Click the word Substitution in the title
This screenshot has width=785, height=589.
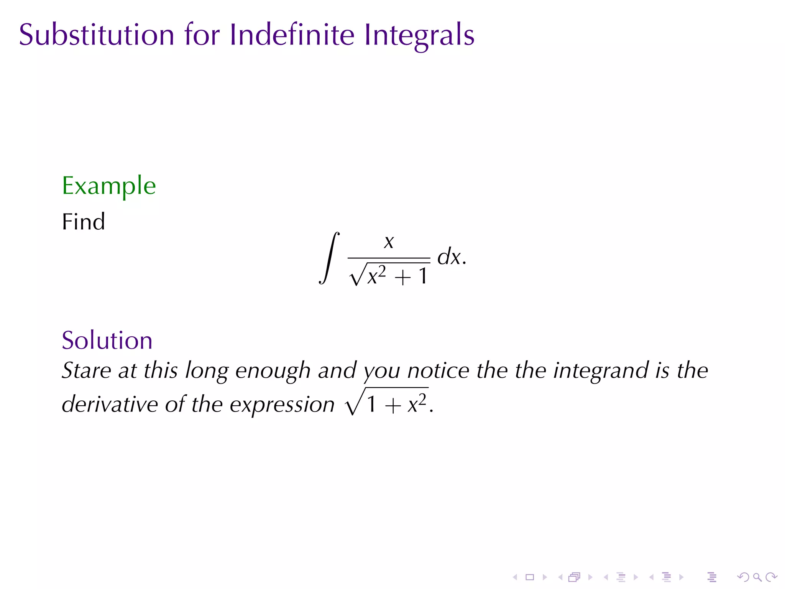[97, 35]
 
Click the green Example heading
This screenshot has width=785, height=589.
[109, 187]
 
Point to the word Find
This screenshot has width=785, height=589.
[83, 222]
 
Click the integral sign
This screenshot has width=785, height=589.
[329, 258]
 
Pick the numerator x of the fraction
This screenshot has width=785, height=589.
[389, 242]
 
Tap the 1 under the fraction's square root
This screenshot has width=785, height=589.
[423, 276]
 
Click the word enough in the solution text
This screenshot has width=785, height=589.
[273, 371]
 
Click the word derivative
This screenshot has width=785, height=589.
[110, 404]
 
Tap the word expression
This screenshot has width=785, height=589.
[282, 405]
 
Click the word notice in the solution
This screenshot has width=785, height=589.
[438, 370]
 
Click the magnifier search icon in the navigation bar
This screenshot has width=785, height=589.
[757, 577]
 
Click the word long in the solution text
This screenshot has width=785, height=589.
[207, 371]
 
